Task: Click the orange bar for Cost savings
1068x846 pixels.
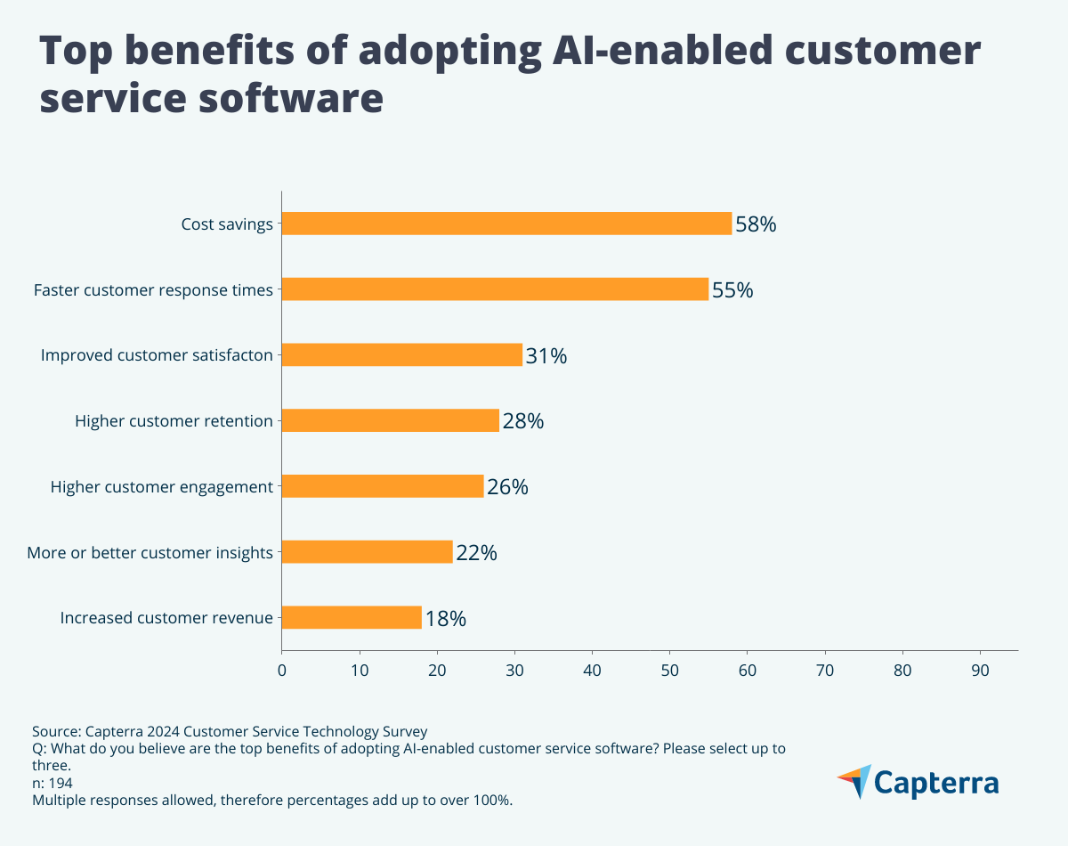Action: coord(506,224)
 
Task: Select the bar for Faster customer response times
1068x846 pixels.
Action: coord(495,289)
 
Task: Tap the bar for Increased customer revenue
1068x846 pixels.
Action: coord(352,618)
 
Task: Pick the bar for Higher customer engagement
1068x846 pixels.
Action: coord(383,486)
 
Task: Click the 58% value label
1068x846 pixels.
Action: coord(756,224)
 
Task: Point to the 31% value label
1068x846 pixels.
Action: coord(546,356)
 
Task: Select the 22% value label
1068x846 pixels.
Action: coord(476,553)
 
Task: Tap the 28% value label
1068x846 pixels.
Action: coord(522,421)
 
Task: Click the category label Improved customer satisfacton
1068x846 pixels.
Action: coord(157,355)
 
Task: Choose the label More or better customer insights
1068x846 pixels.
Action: coord(150,553)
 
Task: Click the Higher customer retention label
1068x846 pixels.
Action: coord(174,421)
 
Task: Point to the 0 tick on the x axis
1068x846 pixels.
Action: coord(282,671)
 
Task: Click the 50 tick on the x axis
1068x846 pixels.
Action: coord(670,671)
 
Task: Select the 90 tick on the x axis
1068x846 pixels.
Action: coord(981,671)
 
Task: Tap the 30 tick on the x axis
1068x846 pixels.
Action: coord(515,671)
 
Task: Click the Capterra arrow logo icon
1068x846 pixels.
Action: coord(854,781)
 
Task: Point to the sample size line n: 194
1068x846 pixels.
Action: coord(53,783)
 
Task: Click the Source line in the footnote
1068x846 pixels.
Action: coord(230,731)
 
